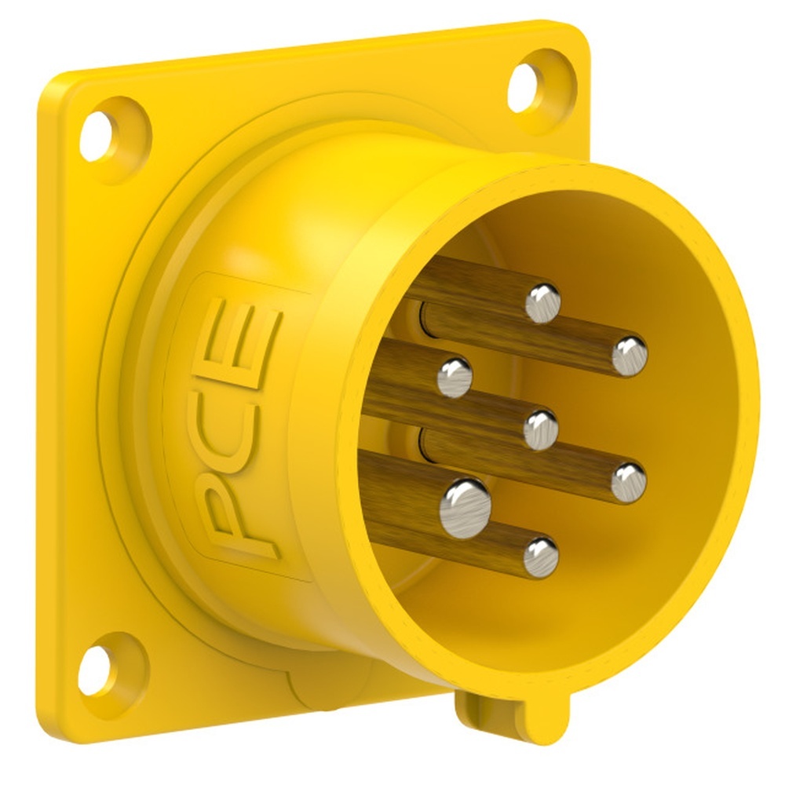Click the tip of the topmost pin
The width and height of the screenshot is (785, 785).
click(542, 303)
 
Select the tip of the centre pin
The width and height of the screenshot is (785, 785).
click(540, 429)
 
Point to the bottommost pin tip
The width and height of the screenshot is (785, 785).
click(540, 557)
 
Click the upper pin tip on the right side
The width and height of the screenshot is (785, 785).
click(630, 356)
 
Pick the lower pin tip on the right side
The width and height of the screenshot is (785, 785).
click(628, 482)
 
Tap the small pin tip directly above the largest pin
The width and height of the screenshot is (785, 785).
click(454, 376)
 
